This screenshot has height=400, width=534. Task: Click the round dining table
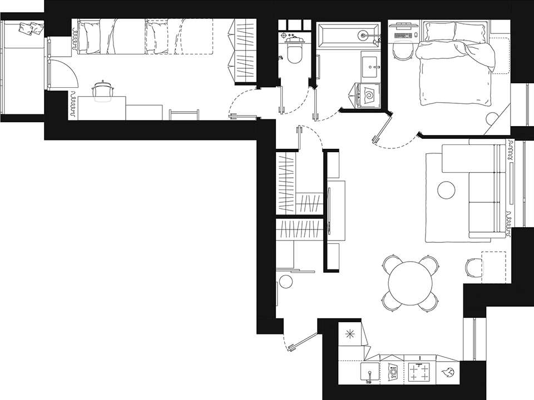[411, 283]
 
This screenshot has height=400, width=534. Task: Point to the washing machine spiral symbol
[369, 97]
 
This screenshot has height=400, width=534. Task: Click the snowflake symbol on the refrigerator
[349, 334]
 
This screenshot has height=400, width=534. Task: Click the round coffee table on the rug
[446, 191]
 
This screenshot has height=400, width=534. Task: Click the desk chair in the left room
[103, 91]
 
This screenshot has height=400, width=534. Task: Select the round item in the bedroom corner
[491, 118]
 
